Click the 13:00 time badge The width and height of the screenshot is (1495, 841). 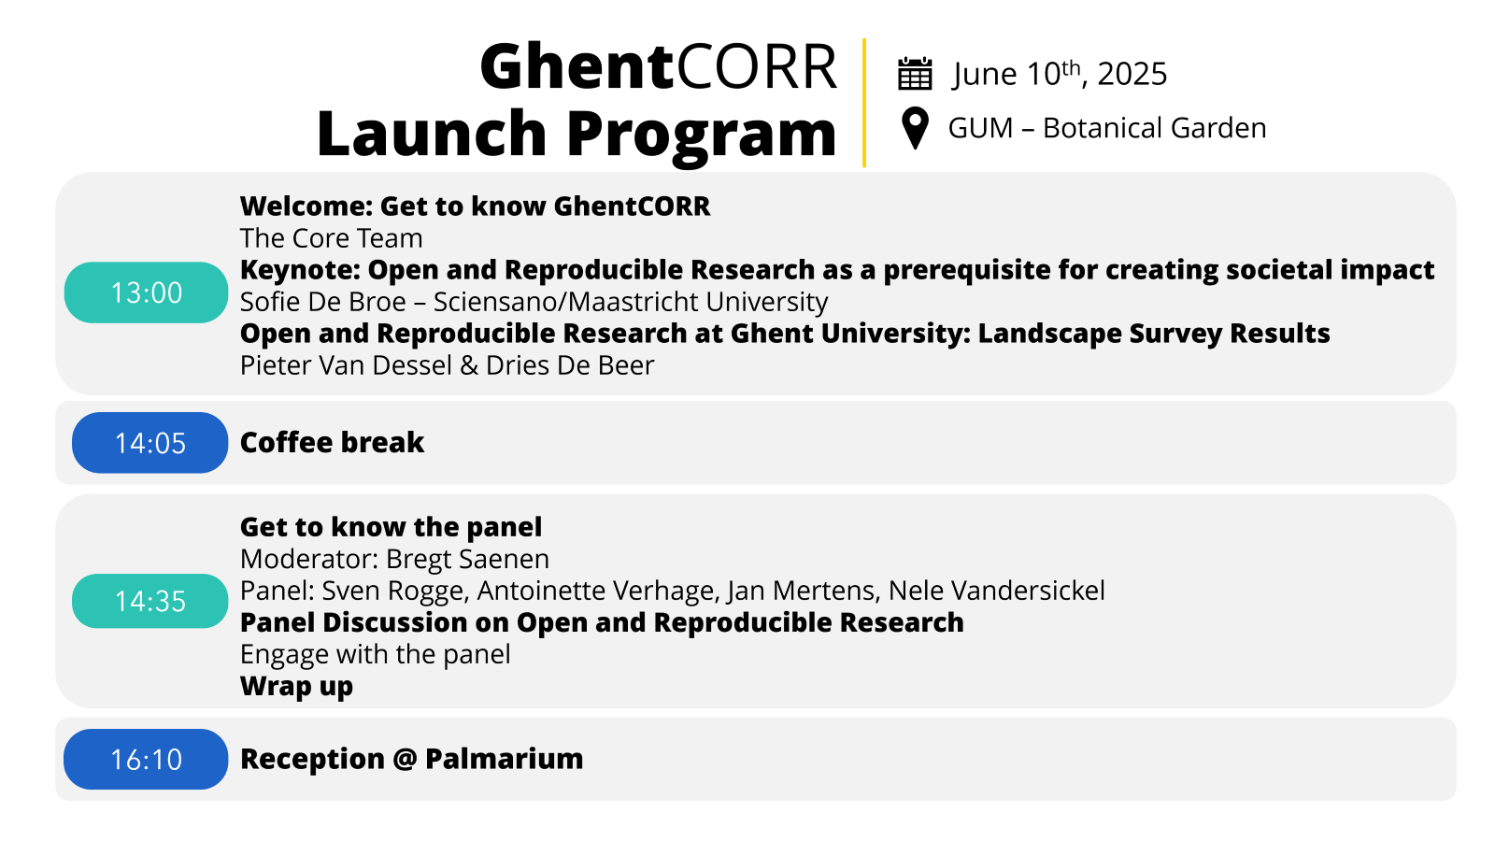point(146,292)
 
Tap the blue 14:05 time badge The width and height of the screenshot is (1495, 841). point(150,443)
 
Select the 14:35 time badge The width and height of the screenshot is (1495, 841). point(150,601)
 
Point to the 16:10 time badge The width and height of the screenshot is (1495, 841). point(146,759)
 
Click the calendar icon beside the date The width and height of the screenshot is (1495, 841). point(915,74)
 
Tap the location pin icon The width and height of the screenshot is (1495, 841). point(915,128)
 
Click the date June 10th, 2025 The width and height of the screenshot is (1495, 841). point(1060,74)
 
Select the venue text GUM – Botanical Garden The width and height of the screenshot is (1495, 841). point(1107,127)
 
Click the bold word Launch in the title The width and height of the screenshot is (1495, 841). point(433,133)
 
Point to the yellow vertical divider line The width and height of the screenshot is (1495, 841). point(864,103)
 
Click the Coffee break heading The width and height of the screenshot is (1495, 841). point(332,442)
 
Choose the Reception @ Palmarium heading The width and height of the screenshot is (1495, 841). point(412,759)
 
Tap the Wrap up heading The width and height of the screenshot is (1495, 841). point(296,687)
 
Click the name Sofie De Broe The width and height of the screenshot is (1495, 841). point(323,302)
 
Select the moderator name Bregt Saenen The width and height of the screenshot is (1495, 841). point(468,560)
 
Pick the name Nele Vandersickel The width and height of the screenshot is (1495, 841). point(996,591)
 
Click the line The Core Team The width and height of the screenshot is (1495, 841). point(331,238)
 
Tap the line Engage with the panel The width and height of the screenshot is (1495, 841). point(375,654)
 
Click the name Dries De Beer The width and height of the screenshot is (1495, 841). point(570,365)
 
